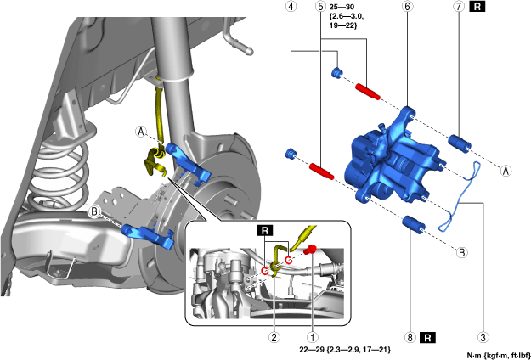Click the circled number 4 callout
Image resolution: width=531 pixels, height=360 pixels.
(291, 7)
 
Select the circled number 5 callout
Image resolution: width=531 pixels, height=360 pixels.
(319, 7)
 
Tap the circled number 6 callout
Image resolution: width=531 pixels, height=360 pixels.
(408, 7)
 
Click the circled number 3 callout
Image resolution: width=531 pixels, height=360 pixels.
(483, 337)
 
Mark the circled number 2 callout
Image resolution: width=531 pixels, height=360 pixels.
(274, 337)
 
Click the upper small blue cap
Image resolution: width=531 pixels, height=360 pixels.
(338, 72)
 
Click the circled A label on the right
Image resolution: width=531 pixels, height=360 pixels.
(506, 170)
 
